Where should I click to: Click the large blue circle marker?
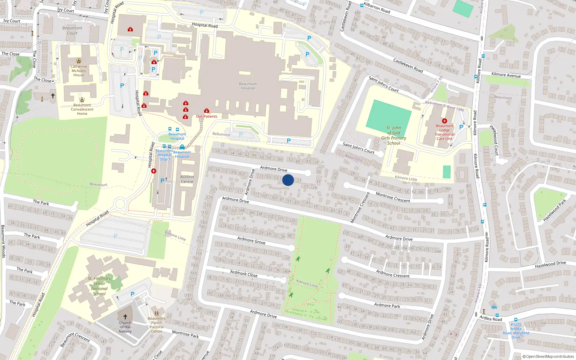[x=288, y=180]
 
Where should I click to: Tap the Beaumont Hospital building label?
[x=248, y=86]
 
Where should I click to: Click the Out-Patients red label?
[x=207, y=116]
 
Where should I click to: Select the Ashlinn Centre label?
[x=187, y=179]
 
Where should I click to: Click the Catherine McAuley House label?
[x=79, y=71]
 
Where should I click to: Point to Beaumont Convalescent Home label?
[x=82, y=109]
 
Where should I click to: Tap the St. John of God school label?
[x=393, y=135]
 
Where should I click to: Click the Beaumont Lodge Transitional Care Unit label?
[x=445, y=132]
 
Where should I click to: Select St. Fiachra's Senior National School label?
[x=99, y=286]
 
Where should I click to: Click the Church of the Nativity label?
[x=125, y=327]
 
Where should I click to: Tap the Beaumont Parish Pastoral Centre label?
[x=157, y=325]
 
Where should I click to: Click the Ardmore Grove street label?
[x=251, y=240]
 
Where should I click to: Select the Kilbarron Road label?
[x=377, y=8]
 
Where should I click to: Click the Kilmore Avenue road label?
[x=506, y=75]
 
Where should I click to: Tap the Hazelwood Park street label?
[x=554, y=210]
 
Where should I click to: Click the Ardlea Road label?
[x=490, y=318]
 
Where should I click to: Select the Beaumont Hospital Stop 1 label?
[x=164, y=155]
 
